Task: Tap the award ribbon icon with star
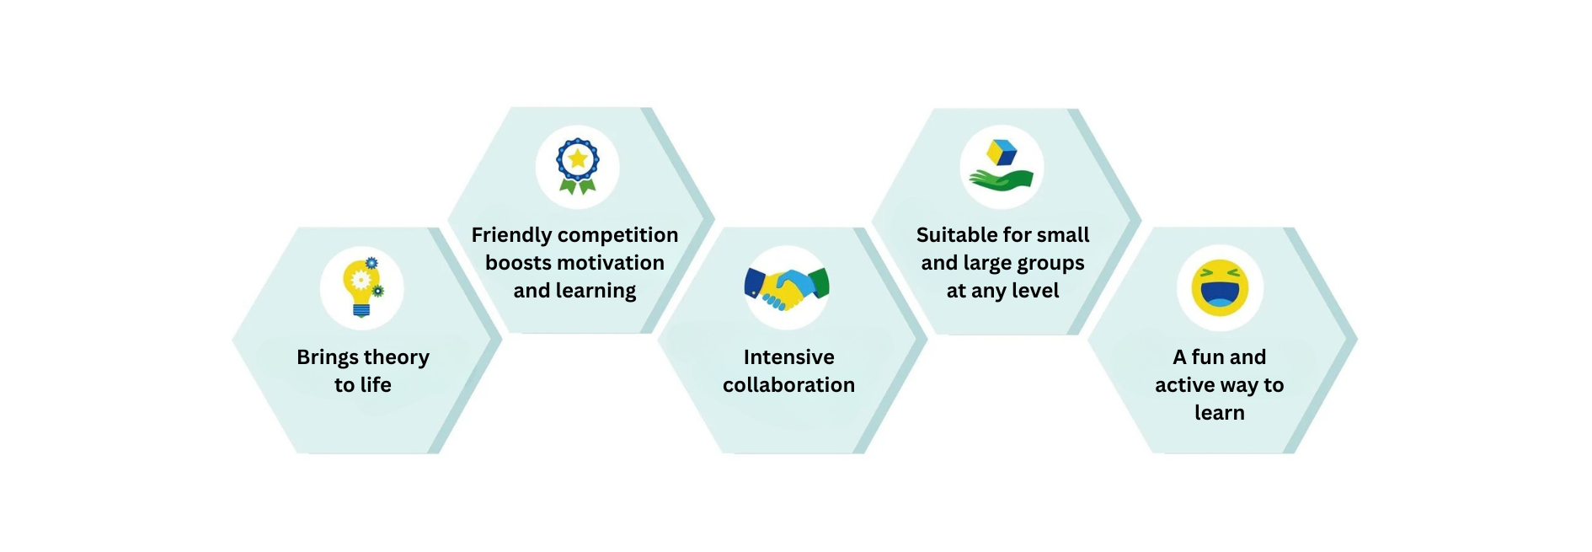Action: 577,166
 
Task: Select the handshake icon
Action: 787,287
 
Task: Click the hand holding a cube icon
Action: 1002,166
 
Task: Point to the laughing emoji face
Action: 1220,287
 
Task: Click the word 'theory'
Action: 395,357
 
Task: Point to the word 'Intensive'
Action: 788,357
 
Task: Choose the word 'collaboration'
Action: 788,385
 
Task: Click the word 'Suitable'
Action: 957,235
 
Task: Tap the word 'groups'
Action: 1050,264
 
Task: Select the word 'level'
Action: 1035,291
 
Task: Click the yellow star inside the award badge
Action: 577,158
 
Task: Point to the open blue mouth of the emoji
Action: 1220,297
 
